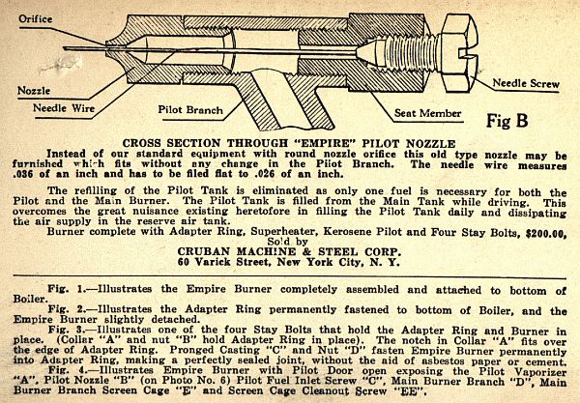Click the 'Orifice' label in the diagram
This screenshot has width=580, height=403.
tap(36, 19)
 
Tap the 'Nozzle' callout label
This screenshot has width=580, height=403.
tap(34, 91)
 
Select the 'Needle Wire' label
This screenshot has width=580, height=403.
tap(64, 108)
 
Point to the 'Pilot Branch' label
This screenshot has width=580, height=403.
tap(190, 110)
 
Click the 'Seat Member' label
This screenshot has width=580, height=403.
tap(427, 113)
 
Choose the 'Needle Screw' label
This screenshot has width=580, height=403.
tap(526, 83)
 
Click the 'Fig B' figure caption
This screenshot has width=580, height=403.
tap(507, 121)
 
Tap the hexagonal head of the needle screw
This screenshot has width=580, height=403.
tap(457, 53)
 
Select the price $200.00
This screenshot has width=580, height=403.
tap(545, 234)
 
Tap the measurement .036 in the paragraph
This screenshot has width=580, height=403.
tap(24, 174)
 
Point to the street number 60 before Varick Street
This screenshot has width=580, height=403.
tap(184, 262)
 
